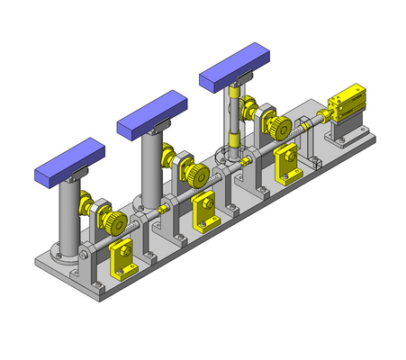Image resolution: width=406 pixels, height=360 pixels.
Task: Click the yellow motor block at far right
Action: point(347,103)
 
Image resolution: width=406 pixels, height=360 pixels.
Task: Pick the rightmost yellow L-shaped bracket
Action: point(288,163)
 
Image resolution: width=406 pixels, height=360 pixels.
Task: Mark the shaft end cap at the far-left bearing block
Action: point(84,259)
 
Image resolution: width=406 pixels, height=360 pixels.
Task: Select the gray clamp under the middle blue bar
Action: point(161,125)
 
